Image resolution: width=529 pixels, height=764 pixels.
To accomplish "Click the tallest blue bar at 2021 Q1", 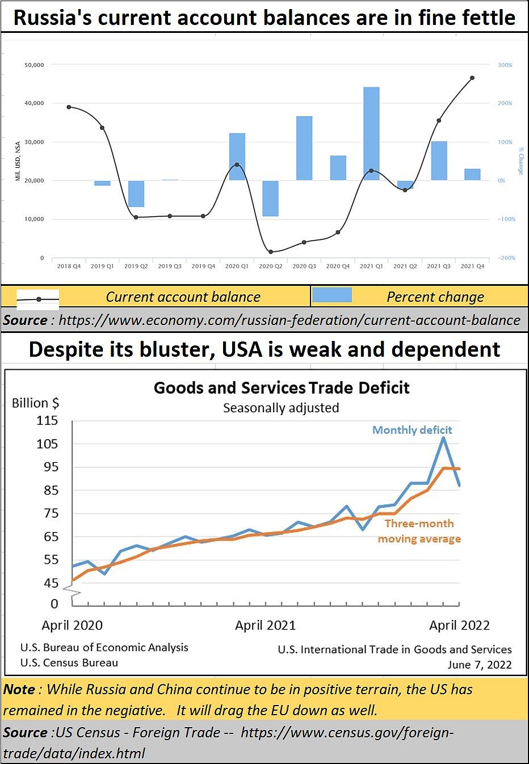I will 371,134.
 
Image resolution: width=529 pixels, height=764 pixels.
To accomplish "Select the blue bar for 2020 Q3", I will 304,148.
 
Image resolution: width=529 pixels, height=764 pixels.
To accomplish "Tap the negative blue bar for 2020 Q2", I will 271,199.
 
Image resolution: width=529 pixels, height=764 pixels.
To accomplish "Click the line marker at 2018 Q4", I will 69,107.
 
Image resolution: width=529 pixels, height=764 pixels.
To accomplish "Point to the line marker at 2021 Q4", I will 472,78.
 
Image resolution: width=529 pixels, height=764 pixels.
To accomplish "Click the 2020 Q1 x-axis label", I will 237,266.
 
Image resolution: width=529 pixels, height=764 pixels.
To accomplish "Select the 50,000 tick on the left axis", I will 34,65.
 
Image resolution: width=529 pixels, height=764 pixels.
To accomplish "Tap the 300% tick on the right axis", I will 505,65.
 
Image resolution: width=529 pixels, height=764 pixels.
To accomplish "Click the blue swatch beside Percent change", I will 332,295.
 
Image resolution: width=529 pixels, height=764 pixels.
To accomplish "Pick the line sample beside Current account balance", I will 38,299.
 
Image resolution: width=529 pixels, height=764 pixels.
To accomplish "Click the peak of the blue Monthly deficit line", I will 443,438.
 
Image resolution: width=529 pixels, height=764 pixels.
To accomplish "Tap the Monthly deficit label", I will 412,430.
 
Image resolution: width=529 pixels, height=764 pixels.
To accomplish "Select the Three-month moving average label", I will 419,531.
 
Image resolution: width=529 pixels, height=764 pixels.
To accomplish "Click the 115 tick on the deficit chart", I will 47,420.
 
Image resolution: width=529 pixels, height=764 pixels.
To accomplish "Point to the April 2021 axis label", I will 265,625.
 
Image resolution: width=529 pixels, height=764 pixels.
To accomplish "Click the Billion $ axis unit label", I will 35,403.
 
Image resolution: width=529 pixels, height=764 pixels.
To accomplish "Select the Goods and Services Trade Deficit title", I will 282,388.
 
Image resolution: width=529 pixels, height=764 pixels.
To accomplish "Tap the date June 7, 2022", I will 480,665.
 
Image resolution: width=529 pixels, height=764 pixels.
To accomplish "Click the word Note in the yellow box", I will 19,689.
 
